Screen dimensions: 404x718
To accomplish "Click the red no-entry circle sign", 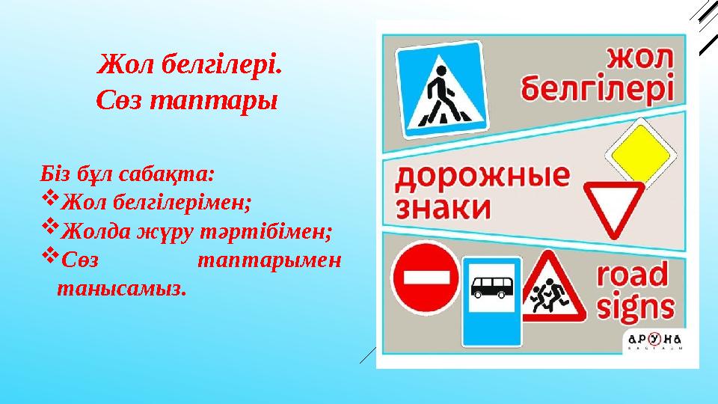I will pos(426,278).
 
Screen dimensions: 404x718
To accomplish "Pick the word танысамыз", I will pos(120,288).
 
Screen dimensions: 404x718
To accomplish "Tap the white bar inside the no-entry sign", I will pos(426,278).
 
